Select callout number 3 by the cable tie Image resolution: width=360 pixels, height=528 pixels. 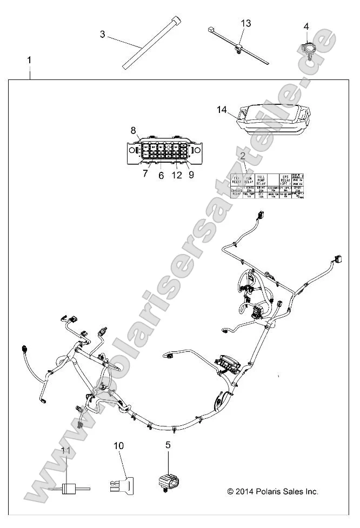(x=103, y=34)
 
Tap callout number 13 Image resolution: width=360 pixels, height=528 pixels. (x=246, y=23)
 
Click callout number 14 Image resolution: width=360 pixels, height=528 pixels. (x=221, y=110)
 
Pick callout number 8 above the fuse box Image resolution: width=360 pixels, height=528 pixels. (x=134, y=130)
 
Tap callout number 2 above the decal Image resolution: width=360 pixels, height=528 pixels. (x=243, y=157)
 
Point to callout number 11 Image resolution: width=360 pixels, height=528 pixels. (x=65, y=450)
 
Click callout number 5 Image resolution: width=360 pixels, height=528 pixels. (x=168, y=445)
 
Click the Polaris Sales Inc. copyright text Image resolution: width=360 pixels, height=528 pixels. (x=272, y=491)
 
